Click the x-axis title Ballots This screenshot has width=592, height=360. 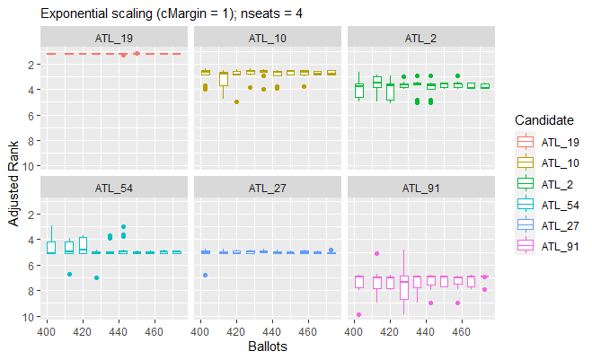[268, 345]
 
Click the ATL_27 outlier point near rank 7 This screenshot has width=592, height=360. [205, 275]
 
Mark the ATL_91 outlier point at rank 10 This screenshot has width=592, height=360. [358, 315]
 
